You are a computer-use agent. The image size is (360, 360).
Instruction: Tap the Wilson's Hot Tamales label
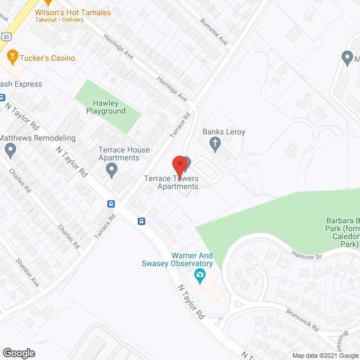tap(73, 12)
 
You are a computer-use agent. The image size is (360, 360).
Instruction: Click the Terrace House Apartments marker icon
tap(111, 169)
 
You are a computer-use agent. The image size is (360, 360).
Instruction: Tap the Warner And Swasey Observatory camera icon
tap(199, 276)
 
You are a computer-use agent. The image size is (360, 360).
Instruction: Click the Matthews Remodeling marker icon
tap(10, 150)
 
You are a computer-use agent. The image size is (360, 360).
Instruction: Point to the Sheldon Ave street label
tap(27, 272)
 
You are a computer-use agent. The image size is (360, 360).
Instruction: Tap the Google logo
tap(19, 353)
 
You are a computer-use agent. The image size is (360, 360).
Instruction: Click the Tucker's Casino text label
tap(47, 58)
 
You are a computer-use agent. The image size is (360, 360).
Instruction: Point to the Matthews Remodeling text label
tap(38, 138)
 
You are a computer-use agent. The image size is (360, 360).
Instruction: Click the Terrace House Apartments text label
tap(124, 154)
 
